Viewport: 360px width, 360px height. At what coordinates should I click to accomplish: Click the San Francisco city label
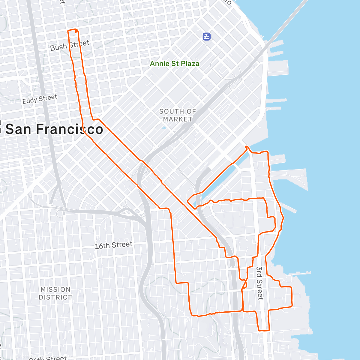click(54, 129)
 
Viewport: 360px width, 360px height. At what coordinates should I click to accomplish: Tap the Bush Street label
click(70, 45)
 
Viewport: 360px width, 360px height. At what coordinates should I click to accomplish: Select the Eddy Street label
click(40, 99)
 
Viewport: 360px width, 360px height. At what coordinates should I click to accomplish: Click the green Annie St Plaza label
click(174, 64)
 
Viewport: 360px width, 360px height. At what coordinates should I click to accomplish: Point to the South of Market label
click(178, 115)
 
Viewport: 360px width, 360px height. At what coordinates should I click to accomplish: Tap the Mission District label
click(55, 293)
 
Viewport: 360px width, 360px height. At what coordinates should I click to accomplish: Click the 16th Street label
click(113, 245)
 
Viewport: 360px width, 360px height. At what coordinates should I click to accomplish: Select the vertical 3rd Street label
click(259, 283)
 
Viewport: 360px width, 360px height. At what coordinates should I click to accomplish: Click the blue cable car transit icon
click(207, 37)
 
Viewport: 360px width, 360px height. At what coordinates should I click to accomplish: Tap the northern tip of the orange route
click(73, 30)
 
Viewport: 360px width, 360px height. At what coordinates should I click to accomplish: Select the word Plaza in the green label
click(189, 64)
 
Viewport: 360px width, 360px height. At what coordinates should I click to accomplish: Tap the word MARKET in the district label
click(178, 119)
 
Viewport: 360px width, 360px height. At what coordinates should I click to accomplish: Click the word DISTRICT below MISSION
click(55, 297)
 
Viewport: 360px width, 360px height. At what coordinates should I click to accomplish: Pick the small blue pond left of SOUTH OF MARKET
click(163, 127)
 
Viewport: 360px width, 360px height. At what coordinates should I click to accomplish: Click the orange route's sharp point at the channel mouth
click(247, 146)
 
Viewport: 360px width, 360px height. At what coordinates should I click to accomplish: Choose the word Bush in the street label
click(58, 47)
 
